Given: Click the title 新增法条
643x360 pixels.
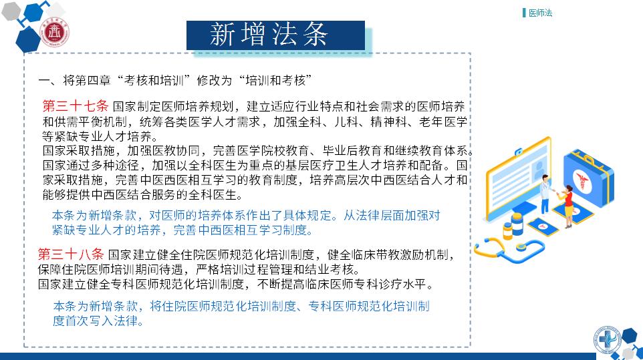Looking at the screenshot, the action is (269, 34).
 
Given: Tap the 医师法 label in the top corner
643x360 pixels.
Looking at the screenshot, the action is (540, 13).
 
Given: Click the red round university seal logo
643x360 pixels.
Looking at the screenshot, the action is (55, 32).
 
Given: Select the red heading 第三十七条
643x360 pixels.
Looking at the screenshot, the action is (75, 106).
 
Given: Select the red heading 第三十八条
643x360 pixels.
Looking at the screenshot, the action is (71, 254).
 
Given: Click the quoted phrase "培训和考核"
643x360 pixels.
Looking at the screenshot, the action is (275, 80).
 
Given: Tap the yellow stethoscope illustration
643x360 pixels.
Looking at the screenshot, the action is (509, 249).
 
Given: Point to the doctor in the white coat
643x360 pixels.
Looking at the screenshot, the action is (545, 194).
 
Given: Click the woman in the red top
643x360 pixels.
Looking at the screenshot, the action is (568, 206).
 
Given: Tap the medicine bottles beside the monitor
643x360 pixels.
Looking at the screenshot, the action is (513, 226).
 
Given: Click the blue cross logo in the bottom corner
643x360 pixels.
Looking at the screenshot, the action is (606, 339).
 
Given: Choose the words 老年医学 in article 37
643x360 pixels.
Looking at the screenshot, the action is (443, 122).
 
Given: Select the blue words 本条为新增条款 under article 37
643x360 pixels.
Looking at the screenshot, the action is (95, 216).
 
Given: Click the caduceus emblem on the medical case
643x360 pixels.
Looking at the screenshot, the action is (582, 180).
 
